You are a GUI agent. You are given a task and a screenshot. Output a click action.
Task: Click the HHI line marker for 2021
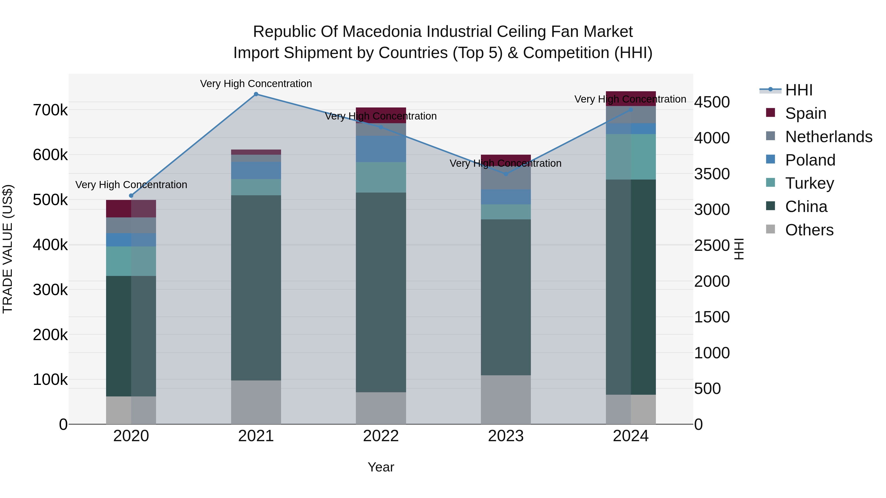pyautogui.click(x=256, y=94)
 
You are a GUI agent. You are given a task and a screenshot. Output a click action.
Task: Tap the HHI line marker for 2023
pyautogui.click(x=506, y=174)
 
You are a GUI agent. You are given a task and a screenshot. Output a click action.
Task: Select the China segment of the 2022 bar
pyautogui.click(x=381, y=292)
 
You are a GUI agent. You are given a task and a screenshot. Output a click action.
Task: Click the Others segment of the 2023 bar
pyautogui.click(x=506, y=399)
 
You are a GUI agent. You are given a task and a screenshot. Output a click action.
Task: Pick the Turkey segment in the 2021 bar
pyautogui.click(x=256, y=187)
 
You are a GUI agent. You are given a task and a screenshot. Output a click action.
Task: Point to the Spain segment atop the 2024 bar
pyautogui.click(x=631, y=98)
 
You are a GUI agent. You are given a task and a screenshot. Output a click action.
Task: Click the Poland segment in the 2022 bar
pyautogui.click(x=381, y=149)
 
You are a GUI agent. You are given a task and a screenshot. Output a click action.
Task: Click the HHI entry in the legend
pyautogui.click(x=799, y=90)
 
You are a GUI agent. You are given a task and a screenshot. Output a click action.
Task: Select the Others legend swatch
pyautogui.click(x=770, y=229)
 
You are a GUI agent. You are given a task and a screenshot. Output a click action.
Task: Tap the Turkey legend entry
pyautogui.click(x=809, y=183)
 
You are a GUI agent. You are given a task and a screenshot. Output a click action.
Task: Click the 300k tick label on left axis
pyautogui.click(x=50, y=290)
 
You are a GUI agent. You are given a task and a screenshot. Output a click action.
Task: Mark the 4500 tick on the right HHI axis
pyautogui.click(x=712, y=102)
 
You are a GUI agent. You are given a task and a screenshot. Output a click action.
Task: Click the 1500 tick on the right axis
pyautogui.click(x=712, y=317)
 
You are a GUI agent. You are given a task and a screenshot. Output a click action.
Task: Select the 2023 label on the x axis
pyautogui.click(x=506, y=436)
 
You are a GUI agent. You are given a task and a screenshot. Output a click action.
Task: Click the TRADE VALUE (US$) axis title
pyautogui.click(x=8, y=249)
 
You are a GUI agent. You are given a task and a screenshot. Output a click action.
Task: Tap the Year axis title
pyautogui.click(x=381, y=467)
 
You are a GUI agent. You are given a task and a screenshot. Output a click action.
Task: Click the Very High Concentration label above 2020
pyautogui.click(x=131, y=185)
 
